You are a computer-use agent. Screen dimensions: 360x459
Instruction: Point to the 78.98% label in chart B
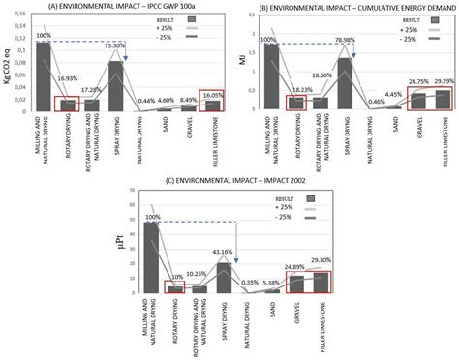pos(347,41)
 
